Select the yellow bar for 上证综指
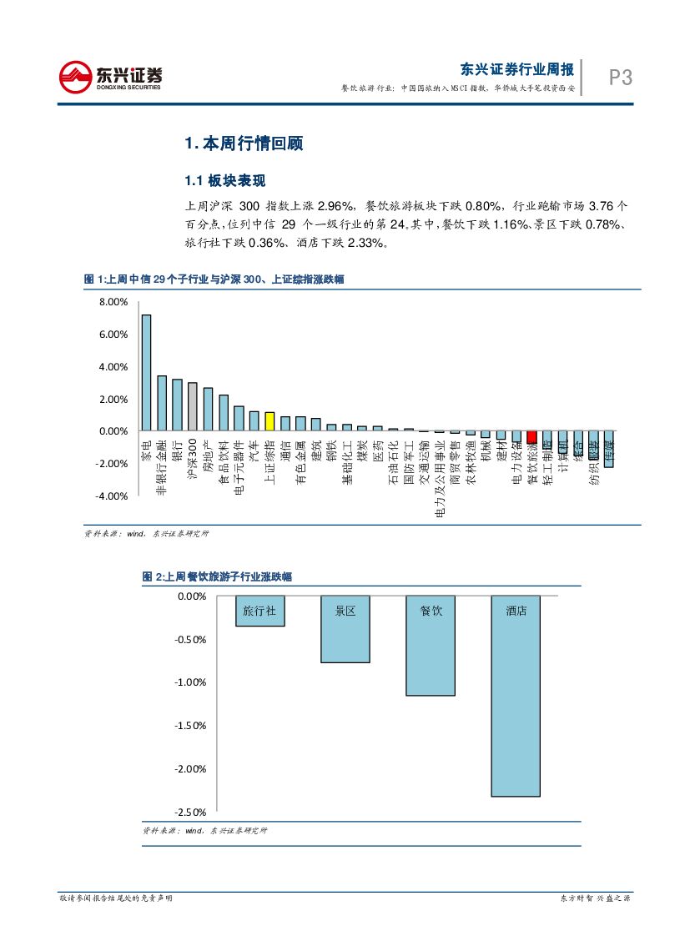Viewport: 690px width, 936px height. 269,421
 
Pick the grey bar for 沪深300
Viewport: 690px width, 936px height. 193,407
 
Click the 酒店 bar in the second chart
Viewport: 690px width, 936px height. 516,697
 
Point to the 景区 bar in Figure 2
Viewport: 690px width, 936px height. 345,630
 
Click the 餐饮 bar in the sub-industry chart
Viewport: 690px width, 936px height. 431,646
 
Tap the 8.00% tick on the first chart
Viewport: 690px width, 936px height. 113,302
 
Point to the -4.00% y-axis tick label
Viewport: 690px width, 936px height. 111,496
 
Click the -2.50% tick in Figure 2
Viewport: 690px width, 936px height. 191,813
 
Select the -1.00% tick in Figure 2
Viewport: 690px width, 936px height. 191,683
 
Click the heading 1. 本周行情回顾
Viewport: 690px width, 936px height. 244,143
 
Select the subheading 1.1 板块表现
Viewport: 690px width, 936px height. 224,181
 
